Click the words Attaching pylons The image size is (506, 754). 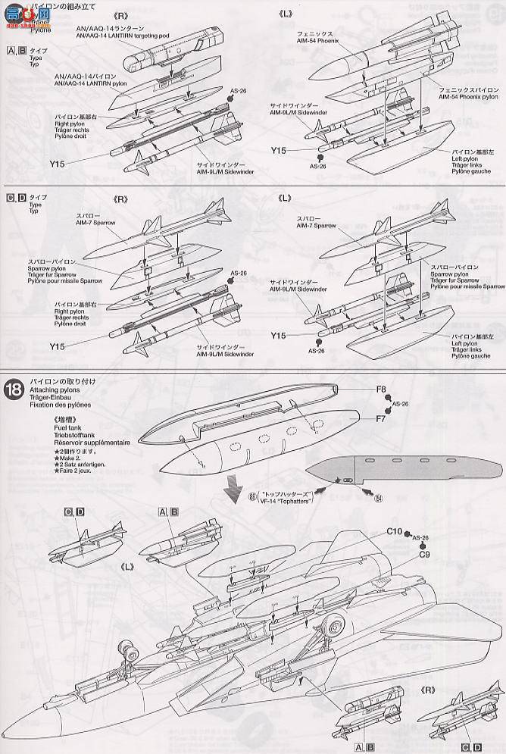point(55,390)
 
